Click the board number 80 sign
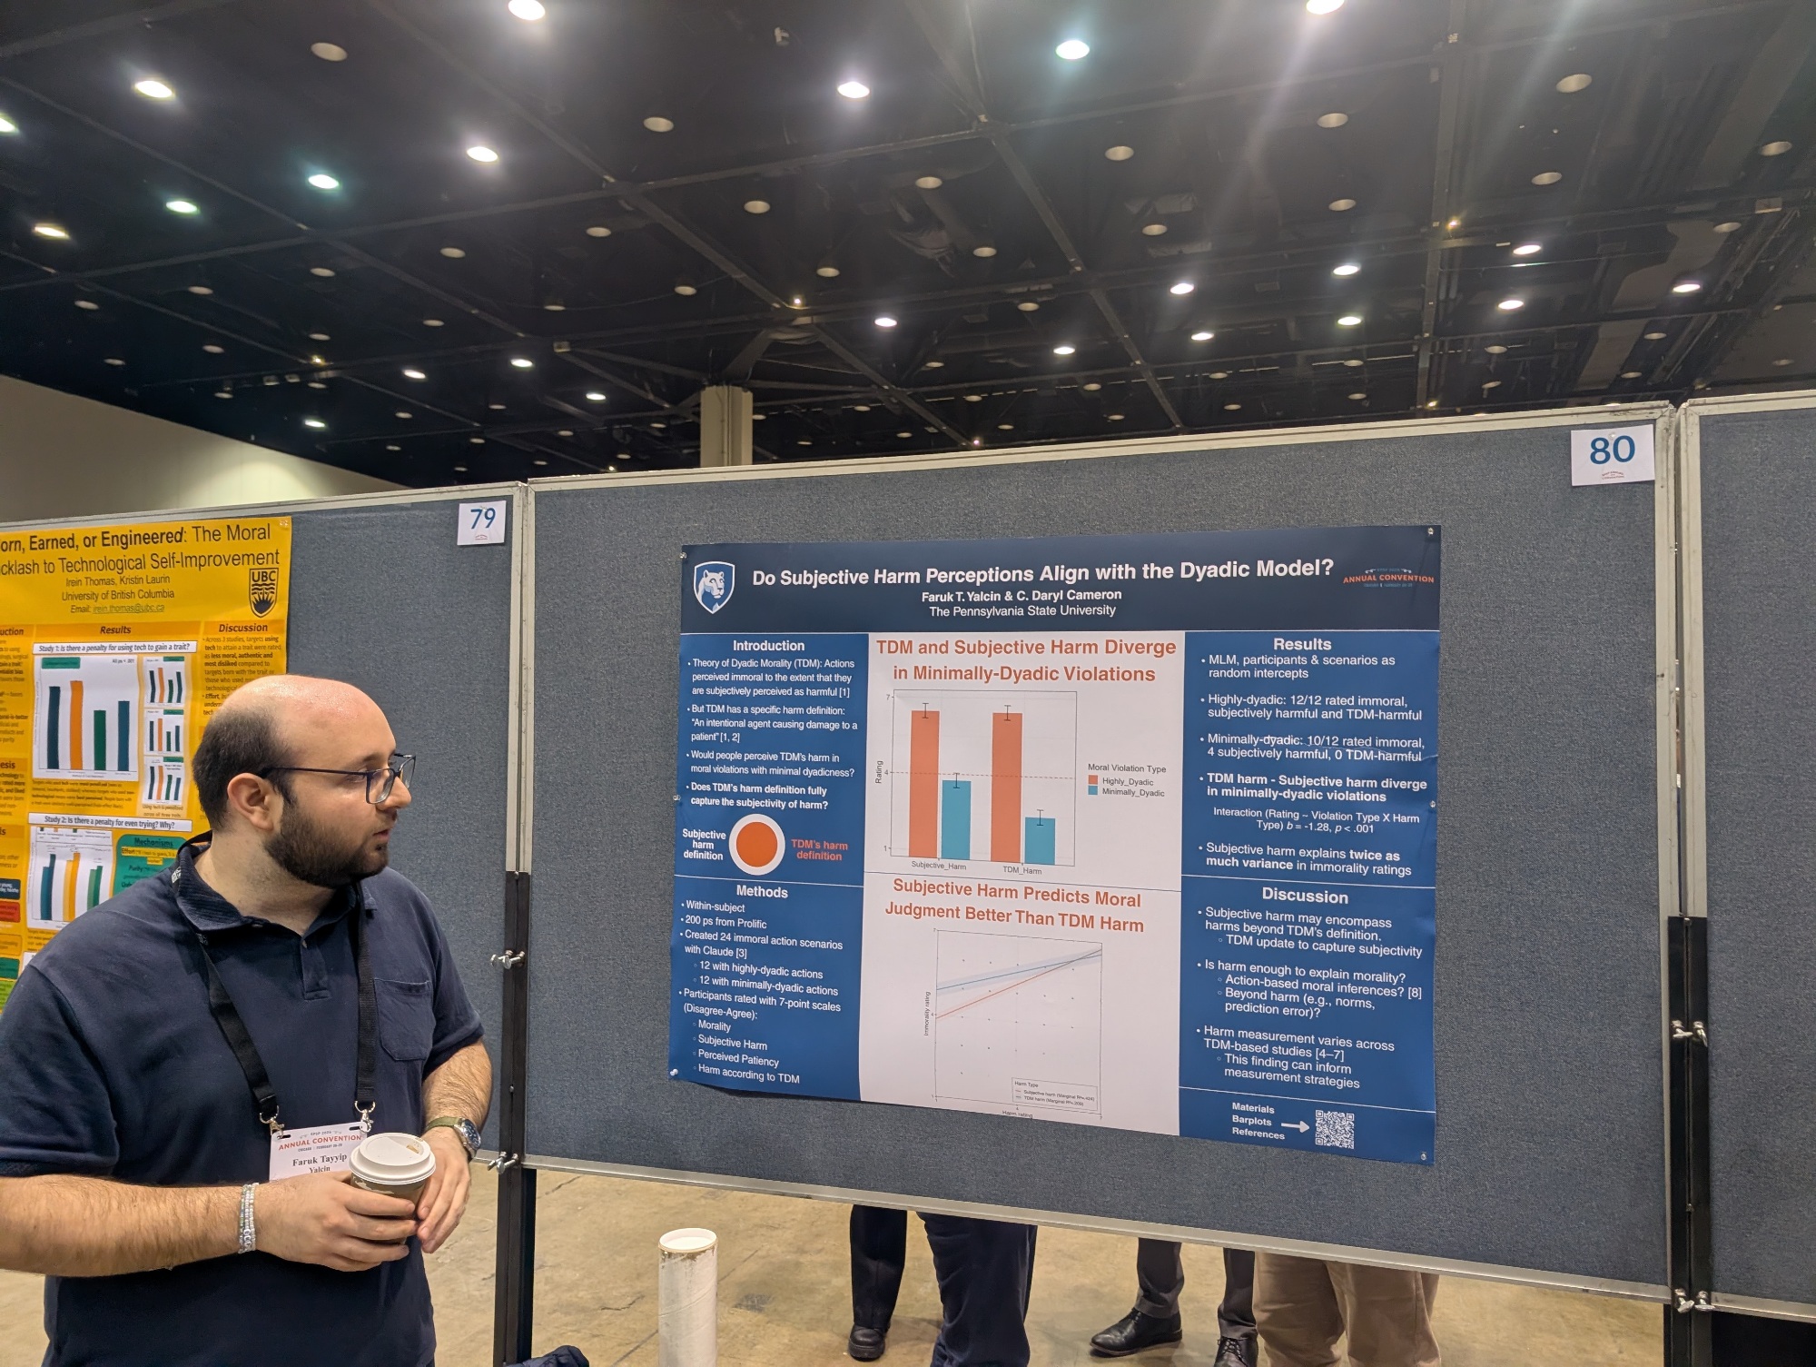pyautogui.click(x=1612, y=451)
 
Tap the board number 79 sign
pyautogui.click(x=482, y=520)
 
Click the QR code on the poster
pyautogui.click(x=1334, y=1129)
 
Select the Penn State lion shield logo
pyautogui.click(x=714, y=587)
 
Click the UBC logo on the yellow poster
pyautogui.click(x=263, y=590)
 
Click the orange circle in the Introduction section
pyautogui.click(x=756, y=844)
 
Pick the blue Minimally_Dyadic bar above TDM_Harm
pyautogui.click(x=1040, y=840)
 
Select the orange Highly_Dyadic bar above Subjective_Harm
pyautogui.click(x=924, y=786)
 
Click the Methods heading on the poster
pyautogui.click(x=762, y=892)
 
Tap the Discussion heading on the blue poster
pyautogui.click(x=1305, y=896)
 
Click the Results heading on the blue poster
pyautogui.click(x=1302, y=644)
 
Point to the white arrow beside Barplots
pyautogui.click(x=1295, y=1126)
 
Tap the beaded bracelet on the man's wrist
pyautogui.click(x=247, y=1217)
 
